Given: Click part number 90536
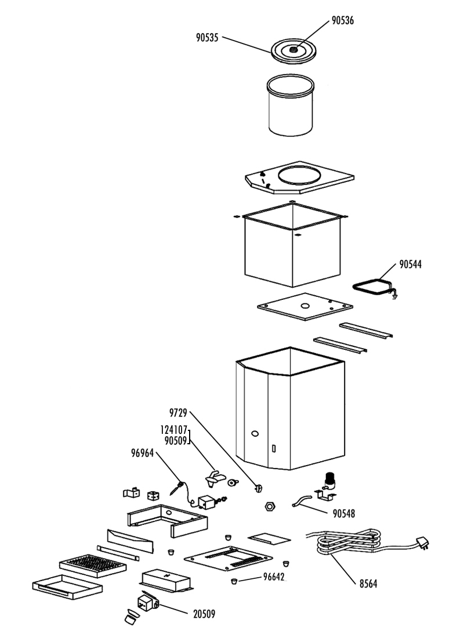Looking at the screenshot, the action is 343,20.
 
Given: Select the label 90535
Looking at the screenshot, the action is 207,38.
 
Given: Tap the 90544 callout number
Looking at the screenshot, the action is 410,264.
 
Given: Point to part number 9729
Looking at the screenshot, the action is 178,413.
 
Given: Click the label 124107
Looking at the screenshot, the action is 174,430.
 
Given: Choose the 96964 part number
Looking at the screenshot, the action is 143,453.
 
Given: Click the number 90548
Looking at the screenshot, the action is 344,514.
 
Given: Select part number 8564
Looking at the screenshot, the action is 368,584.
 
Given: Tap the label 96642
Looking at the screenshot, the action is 274,577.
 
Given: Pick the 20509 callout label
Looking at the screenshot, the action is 204,614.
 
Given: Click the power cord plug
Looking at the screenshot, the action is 422,543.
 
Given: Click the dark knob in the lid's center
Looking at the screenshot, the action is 293,50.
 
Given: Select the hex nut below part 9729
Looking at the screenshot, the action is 270,506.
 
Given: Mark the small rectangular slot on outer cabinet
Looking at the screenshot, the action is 274,448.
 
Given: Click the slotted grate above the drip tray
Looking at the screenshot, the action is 93,565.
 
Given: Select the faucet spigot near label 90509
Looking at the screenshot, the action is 215,479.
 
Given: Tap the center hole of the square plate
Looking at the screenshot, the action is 305,306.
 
